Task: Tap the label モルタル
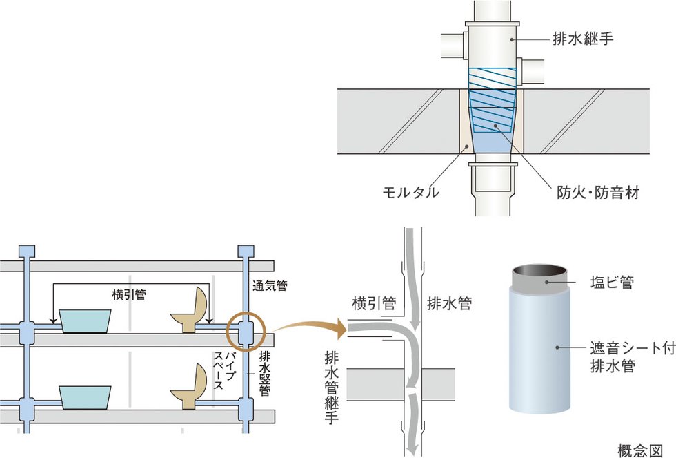coord(412,192)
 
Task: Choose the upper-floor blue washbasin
coord(86,321)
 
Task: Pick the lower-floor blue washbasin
coord(86,397)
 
